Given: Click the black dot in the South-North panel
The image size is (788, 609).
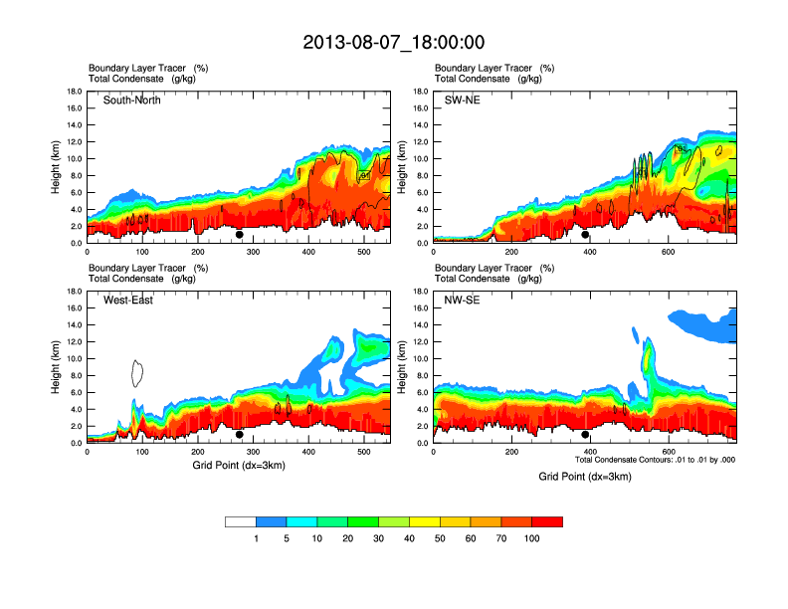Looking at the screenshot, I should click(x=240, y=235).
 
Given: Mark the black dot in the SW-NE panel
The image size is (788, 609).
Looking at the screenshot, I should click(x=586, y=235).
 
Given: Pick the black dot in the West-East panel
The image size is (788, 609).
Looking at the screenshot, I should click(x=240, y=435).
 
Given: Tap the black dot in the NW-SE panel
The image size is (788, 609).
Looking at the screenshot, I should click(x=586, y=435).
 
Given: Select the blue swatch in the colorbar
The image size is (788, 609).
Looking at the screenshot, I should click(x=272, y=521).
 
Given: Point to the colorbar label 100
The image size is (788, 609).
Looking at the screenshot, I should click(x=531, y=538).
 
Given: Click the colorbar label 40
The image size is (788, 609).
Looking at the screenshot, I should click(x=409, y=538).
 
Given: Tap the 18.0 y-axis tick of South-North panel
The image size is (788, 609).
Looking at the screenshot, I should click(x=74, y=92).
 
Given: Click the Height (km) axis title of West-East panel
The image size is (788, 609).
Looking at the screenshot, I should click(x=57, y=367).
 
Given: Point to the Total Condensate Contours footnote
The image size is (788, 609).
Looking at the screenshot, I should click(x=655, y=460).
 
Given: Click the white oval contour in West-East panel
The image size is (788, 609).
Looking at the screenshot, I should click(x=139, y=372).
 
